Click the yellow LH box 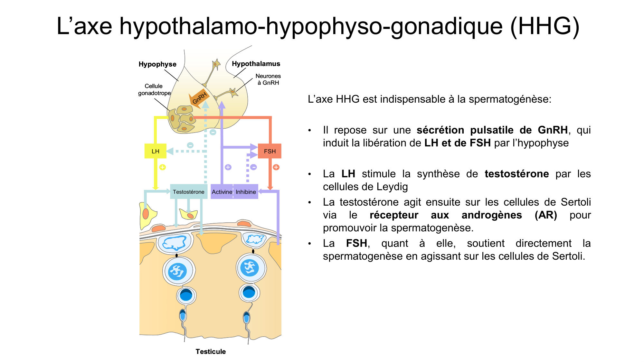pos(155,151)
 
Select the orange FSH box pos(270,151)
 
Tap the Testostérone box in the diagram pos(188,192)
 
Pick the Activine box pos(222,192)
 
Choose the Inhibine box pos(246,192)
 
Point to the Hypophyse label pos(157,64)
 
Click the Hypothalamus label pos(256,64)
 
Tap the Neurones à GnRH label pos(268,79)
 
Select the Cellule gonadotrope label pos(154,89)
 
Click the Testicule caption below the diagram pos(211,351)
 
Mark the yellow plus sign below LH pos(163,167)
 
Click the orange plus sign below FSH pos(276,167)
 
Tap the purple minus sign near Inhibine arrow pos(253,167)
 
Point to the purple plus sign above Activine pos(228,167)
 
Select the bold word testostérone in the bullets pos(516,174)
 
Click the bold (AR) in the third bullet pos(545,215)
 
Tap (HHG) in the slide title pos(545,26)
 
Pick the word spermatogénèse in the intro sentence pos(510,99)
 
